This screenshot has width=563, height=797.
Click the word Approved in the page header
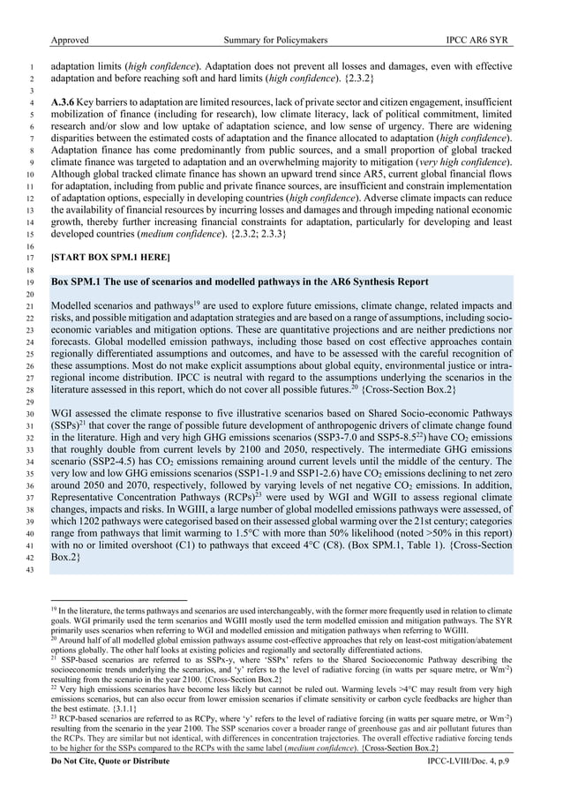click(71, 41)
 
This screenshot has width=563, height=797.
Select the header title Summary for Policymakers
click(281, 41)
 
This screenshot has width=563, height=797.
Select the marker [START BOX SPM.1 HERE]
click(110, 257)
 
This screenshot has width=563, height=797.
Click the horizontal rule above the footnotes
click(118, 600)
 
